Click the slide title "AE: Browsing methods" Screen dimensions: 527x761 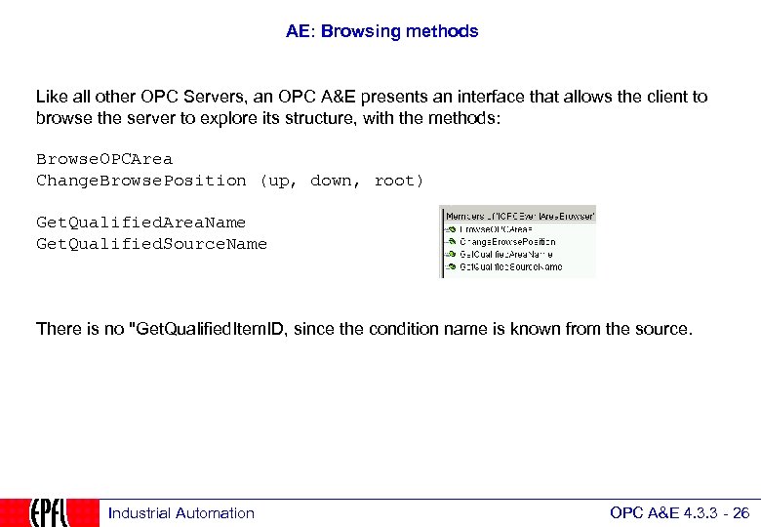click(x=381, y=31)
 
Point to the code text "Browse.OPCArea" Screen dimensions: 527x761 click(x=104, y=159)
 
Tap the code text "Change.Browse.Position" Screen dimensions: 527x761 click(x=141, y=181)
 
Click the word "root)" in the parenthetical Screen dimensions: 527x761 click(x=398, y=181)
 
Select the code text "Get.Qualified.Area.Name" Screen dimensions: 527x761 click(x=140, y=223)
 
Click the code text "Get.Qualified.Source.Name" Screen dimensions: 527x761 click(x=151, y=244)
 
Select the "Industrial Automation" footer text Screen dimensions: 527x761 click(x=180, y=513)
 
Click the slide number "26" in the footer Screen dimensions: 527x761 click(x=741, y=513)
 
